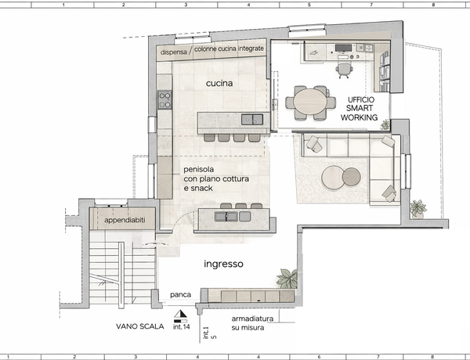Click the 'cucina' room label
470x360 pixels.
point(219,83)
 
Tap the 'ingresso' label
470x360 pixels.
point(223,264)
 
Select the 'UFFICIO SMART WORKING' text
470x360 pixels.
point(359,109)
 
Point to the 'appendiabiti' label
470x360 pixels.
point(125,220)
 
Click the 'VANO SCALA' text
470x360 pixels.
point(140,326)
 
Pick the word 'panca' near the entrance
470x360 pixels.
point(180,295)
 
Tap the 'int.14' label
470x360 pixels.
point(182,326)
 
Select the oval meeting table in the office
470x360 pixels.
point(310,102)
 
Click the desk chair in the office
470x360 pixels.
point(344,70)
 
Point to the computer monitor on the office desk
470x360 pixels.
point(344,48)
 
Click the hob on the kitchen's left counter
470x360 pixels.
point(164,99)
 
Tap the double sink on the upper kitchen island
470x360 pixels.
point(252,119)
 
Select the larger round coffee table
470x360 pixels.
point(333,178)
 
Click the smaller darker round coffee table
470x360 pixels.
point(351,176)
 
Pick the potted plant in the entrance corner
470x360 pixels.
point(287,279)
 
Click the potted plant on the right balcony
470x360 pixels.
point(418,208)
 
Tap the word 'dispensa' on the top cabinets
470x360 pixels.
point(174,52)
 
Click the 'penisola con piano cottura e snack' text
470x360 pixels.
point(216,178)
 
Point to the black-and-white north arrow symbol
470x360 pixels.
point(180,314)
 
